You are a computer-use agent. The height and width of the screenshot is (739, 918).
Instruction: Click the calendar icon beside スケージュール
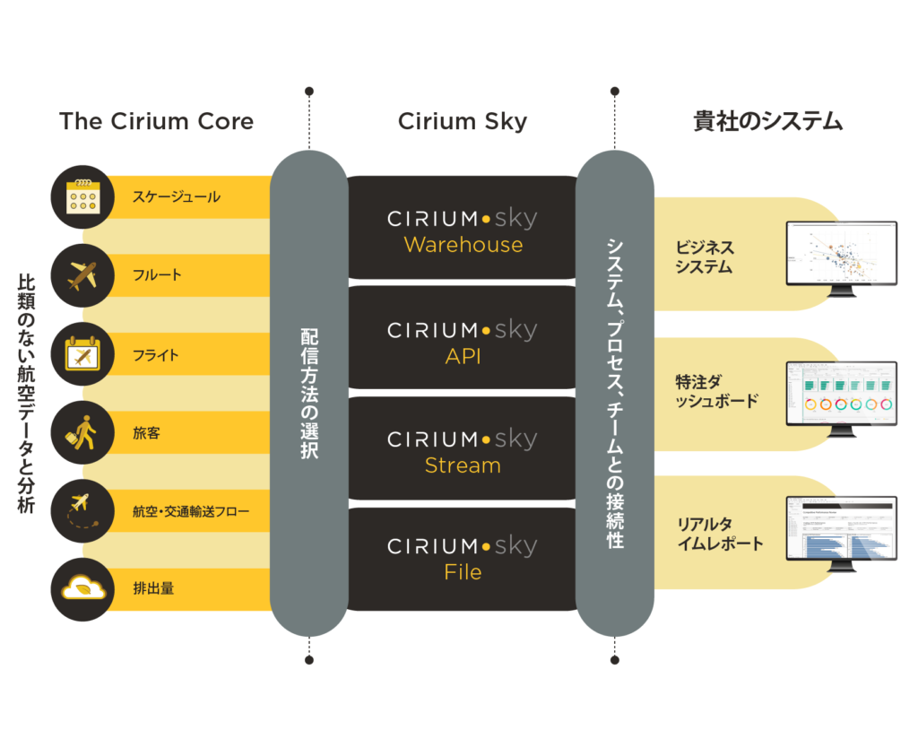coord(83,196)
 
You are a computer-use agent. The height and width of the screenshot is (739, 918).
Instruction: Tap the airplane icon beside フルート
coord(83,275)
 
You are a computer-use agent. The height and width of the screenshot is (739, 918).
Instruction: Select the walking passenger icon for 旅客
coord(83,433)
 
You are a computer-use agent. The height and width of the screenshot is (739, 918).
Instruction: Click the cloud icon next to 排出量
coord(83,589)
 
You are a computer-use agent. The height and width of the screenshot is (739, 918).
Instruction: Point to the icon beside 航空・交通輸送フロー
coord(83,511)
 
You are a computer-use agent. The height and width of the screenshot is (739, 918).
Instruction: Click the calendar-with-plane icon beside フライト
coord(83,354)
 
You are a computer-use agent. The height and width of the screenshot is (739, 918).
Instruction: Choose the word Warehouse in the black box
coord(463,245)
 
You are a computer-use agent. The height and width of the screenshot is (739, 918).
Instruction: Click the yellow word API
coord(463,356)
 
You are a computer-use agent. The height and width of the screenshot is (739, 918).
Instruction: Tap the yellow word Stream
coord(463,465)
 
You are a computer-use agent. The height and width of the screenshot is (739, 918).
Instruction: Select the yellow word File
coord(463,572)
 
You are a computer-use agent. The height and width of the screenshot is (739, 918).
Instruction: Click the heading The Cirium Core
coord(156,122)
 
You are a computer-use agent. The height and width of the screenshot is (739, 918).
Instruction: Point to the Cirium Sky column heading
coord(463,122)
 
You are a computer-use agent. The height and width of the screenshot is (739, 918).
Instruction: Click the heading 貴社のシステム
coord(768,122)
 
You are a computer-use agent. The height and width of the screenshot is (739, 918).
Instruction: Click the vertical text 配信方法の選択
coord(308,395)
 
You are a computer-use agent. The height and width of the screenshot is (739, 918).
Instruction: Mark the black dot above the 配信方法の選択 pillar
coord(308,91)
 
